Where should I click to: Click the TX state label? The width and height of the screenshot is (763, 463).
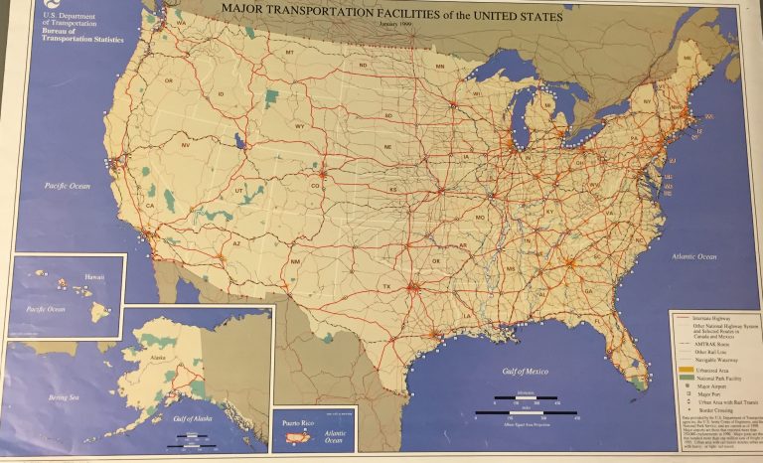[386, 285]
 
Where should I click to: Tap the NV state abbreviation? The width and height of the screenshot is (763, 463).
[186, 145]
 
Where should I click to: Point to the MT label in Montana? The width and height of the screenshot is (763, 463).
[290, 52]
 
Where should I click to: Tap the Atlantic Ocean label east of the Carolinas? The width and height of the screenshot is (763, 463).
[692, 256]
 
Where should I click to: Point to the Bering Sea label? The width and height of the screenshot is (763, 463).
[43, 398]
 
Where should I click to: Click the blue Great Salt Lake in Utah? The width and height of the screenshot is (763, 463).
[239, 140]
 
